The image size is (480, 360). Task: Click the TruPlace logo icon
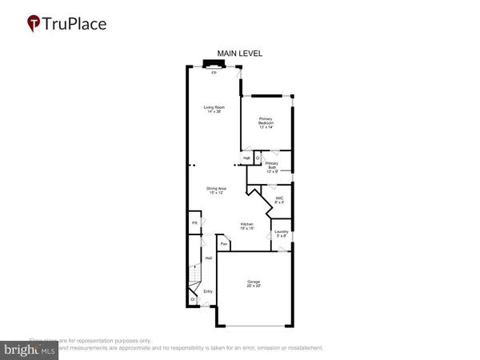tap(33, 24)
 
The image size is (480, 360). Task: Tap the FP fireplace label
tap(214, 73)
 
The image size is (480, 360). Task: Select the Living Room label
tap(214, 109)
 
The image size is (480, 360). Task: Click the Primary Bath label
tap(272, 166)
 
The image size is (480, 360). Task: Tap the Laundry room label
tap(282, 234)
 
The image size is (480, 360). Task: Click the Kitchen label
tap(247, 226)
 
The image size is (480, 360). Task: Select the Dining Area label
tap(217, 190)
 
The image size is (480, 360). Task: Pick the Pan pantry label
tap(225, 243)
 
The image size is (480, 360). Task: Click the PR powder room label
tap(194, 222)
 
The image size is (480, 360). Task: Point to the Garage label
tap(254, 283)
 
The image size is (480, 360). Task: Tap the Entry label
tap(208, 291)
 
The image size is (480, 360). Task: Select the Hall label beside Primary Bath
tap(247, 158)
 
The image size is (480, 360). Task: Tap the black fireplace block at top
tap(214, 63)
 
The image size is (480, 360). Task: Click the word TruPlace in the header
tap(74, 24)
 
